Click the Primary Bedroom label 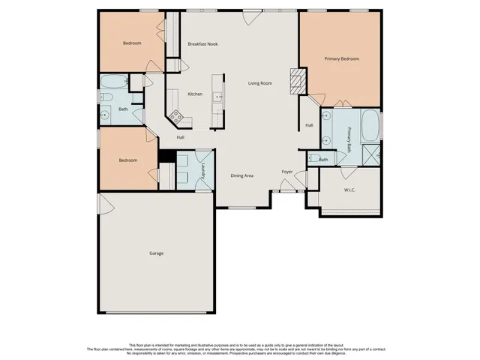[341, 58]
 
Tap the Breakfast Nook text [202, 44]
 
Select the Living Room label [260, 83]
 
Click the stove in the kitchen [175, 116]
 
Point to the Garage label [156, 253]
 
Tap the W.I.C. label [349, 190]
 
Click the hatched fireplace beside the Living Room [298, 79]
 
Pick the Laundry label [203, 173]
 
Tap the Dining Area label [241, 175]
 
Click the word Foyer [286, 172]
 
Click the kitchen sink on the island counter [217, 96]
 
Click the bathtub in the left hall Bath [113, 81]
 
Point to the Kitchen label [195, 94]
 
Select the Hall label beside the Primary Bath [308, 125]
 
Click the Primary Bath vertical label [349, 139]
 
